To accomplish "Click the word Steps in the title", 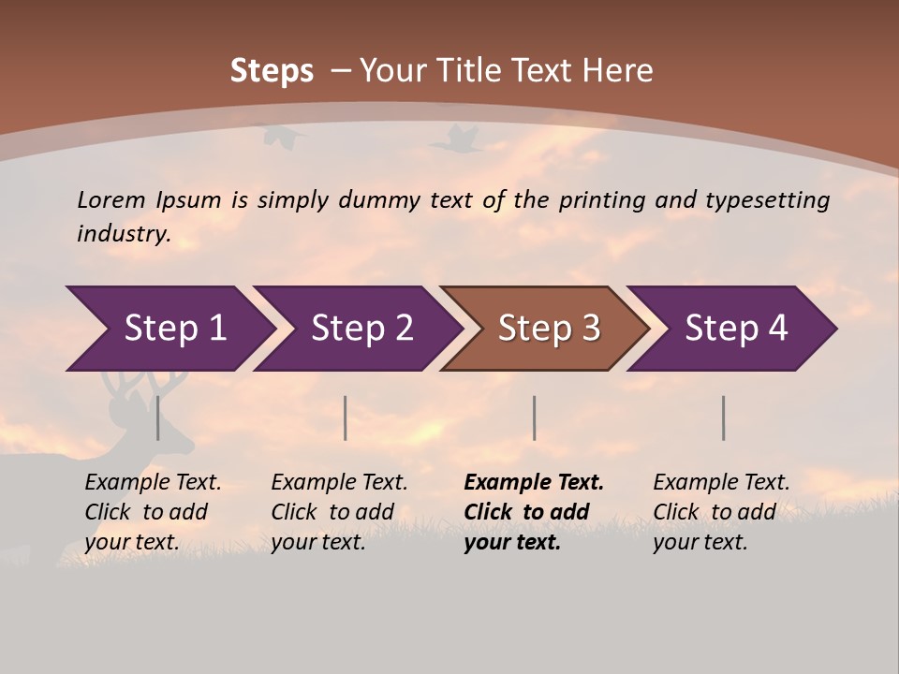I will pos(272,71).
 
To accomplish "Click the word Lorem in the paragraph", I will pos(111,199).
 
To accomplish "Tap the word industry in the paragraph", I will pos(124,233).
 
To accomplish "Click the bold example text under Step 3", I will pos(533,512).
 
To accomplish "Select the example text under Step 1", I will pos(153,512).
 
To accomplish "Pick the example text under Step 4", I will pos(721,512).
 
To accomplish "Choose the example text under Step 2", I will pos(339,512).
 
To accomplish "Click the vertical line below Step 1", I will pos(158,418).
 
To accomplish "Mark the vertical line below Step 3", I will pos(535,418).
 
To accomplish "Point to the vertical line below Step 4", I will pos(724,418).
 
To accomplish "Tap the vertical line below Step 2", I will pos(346,418).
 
